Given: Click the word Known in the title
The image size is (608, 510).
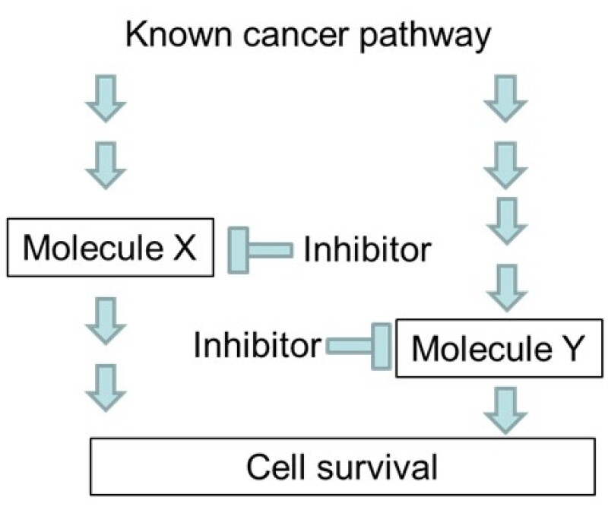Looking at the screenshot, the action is click(179, 34).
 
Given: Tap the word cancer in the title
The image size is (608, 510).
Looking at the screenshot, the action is click(295, 36).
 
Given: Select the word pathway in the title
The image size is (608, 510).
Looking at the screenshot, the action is click(425, 36).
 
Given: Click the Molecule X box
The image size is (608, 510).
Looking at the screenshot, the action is click(110, 248).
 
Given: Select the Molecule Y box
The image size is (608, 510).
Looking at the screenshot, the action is click(499, 348).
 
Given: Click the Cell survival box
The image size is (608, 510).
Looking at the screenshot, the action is click(343, 467).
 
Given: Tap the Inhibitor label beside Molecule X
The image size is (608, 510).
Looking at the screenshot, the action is click(367, 249).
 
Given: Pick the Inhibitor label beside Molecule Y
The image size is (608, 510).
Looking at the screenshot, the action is click(258, 345).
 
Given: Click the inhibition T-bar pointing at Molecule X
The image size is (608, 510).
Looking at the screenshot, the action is click(260, 250).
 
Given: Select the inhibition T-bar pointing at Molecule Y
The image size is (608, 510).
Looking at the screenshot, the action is click(359, 347).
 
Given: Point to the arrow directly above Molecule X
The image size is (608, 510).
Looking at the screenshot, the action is click(106, 166).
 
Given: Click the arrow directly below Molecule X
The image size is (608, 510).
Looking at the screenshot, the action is click(106, 322).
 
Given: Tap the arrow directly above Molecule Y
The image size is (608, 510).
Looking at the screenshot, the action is click(507, 288).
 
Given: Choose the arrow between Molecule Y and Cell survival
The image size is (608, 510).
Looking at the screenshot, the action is click(505, 410).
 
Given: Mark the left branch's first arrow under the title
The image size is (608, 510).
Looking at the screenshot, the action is click(106, 99).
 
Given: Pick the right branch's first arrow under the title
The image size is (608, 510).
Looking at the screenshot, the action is click(505, 99).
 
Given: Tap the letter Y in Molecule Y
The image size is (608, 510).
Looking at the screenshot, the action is click(572, 348).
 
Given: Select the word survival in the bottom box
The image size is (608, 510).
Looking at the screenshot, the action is click(377, 467).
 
